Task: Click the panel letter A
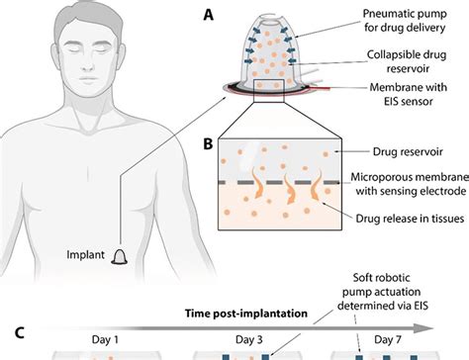(x=206, y=16)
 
